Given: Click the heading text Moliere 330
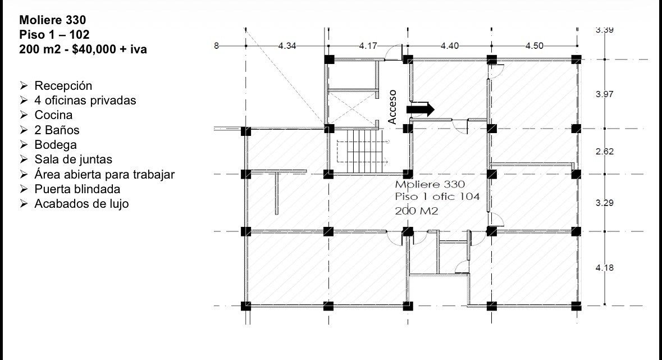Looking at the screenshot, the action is pos(52,20).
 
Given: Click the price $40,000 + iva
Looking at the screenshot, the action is pos(109,49).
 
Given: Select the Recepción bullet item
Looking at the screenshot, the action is pos(63,86).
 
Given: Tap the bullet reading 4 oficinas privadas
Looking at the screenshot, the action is pos(85,101).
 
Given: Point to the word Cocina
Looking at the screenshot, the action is pos(53,115).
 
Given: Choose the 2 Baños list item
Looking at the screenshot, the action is pos(57,130).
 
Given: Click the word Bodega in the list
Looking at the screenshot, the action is pos(56,144).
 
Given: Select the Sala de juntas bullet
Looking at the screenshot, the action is pos(73,160).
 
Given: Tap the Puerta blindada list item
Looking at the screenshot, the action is pos(77,189).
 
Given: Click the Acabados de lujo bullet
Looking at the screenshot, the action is pos(81,204).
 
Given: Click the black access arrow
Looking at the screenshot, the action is pos(420,109).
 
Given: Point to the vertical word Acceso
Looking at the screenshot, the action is pos(392,107).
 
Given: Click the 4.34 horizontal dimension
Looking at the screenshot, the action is pos(287,45).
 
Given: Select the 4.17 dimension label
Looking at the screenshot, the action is pos(368,45).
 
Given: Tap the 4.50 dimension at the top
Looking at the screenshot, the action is pos(535,45).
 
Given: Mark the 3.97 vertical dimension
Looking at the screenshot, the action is pos(605,94).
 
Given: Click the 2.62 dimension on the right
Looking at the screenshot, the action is pos(605,151).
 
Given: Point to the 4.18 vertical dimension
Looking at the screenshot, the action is pos(605,267).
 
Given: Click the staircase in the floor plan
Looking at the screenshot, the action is pos(363,151).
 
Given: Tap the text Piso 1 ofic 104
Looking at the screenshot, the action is pos(437,197).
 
